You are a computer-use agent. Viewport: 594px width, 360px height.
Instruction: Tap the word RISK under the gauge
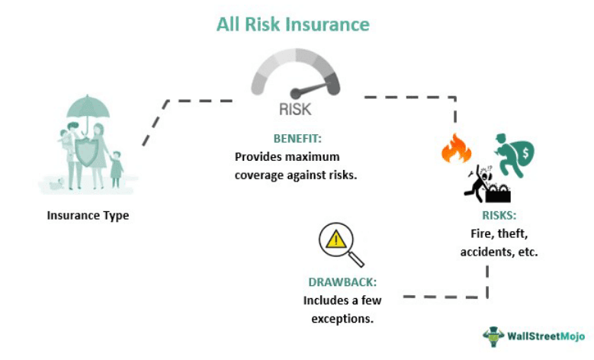[295, 109]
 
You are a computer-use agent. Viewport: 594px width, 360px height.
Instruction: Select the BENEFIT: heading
[297, 139]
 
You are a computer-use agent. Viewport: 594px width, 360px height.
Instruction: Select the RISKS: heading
[499, 217]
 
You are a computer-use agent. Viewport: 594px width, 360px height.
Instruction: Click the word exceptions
[342, 317]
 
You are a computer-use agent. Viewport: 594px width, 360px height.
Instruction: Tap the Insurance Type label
[88, 215]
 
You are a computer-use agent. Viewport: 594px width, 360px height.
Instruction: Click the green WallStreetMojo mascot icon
[493, 336]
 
